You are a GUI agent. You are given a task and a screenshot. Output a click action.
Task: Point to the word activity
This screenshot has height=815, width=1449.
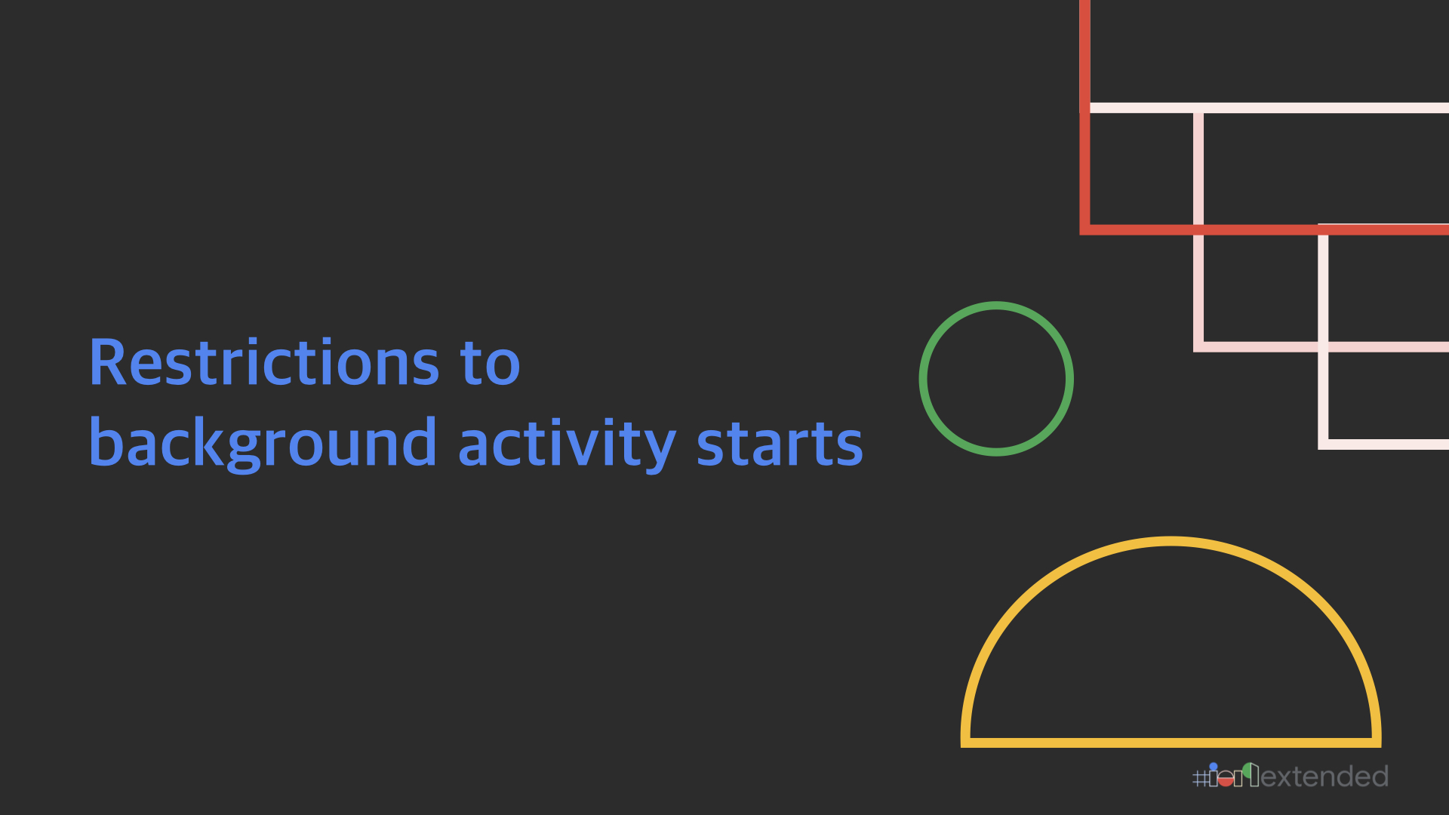coord(567,444)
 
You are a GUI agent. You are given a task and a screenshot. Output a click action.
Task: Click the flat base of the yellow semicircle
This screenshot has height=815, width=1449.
coord(1171,743)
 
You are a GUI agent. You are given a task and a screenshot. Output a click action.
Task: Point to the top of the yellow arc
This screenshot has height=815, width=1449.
coord(1171,541)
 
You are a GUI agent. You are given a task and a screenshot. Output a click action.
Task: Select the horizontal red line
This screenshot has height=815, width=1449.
coord(1264,229)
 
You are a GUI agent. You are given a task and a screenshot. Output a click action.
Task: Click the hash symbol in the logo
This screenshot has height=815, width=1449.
coord(1200,778)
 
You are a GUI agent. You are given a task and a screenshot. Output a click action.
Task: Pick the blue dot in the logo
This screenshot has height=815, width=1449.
coord(1214,767)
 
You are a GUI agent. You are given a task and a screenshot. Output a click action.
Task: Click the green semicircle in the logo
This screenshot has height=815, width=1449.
coord(1247,770)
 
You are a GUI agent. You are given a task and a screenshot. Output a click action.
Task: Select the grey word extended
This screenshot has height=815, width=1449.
coord(1324,777)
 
